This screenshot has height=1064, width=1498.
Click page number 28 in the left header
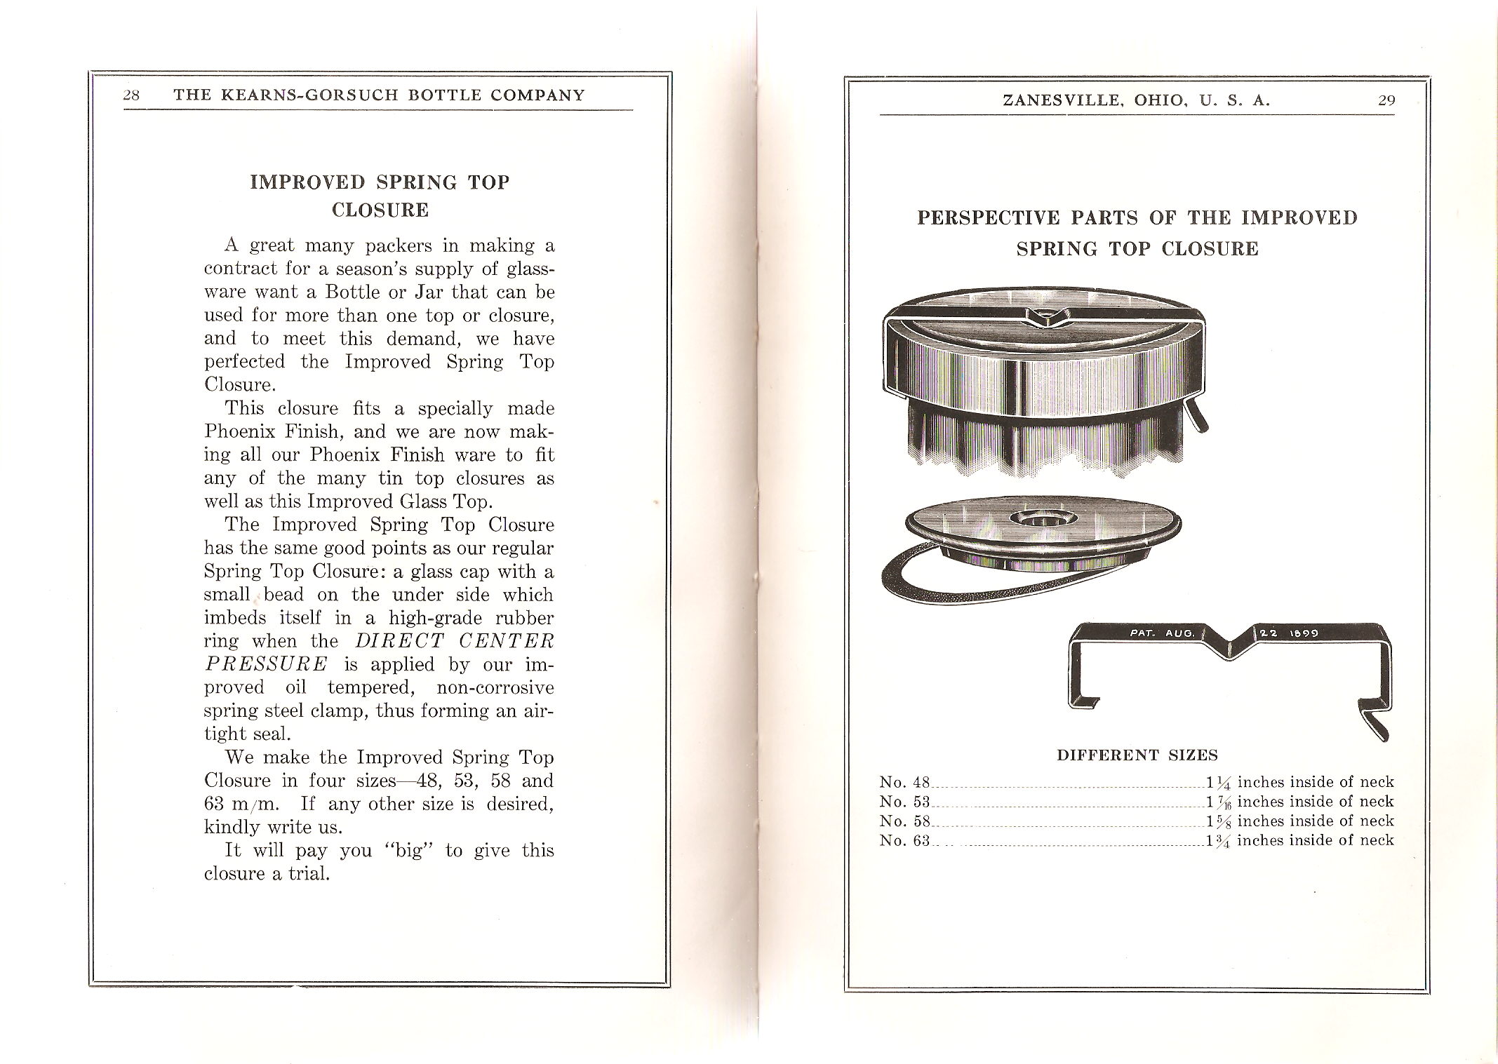click(x=131, y=95)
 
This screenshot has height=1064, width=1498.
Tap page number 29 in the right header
click(x=1386, y=100)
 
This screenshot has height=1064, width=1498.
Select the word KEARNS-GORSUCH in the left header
click(x=294, y=95)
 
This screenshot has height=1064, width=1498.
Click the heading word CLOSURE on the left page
click(x=380, y=210)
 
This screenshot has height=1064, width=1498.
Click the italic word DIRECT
click(x=400, y=640)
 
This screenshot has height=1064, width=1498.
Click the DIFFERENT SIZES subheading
click(x=1137, y=755)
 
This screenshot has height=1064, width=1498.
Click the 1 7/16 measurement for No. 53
click(x=1219, y=802)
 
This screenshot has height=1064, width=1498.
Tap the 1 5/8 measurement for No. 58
click(x=1219, y=821)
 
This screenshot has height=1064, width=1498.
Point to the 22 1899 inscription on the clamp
click(x=1288, y=633)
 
